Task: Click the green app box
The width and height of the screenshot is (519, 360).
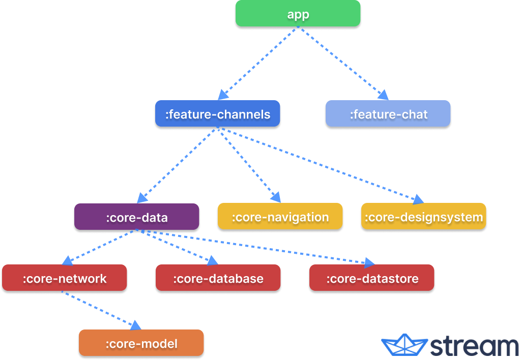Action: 298,13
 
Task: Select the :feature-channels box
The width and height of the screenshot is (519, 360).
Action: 217,113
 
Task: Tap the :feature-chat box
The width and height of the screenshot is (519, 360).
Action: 388,113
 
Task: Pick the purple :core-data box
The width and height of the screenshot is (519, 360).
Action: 137,217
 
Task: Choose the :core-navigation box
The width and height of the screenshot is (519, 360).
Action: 280,217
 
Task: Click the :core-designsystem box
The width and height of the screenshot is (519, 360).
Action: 424,217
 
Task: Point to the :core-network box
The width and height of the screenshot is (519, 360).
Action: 65,278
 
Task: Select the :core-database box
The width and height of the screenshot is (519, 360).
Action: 218,278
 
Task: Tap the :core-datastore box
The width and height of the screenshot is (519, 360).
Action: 372,278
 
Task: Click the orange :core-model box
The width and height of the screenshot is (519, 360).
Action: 141,343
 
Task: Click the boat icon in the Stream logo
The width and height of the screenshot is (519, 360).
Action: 405,345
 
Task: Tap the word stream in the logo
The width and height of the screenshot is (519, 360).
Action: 474,346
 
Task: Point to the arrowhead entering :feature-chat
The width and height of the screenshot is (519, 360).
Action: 384,95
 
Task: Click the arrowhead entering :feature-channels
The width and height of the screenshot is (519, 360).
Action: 223,95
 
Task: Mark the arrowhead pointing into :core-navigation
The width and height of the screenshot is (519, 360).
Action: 276,197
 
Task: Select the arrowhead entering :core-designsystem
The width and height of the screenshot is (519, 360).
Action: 418,199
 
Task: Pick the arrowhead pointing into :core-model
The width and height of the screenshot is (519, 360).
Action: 136,325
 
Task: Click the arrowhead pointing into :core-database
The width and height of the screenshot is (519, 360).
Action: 213,260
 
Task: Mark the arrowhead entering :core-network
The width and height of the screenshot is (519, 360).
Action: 68,260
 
